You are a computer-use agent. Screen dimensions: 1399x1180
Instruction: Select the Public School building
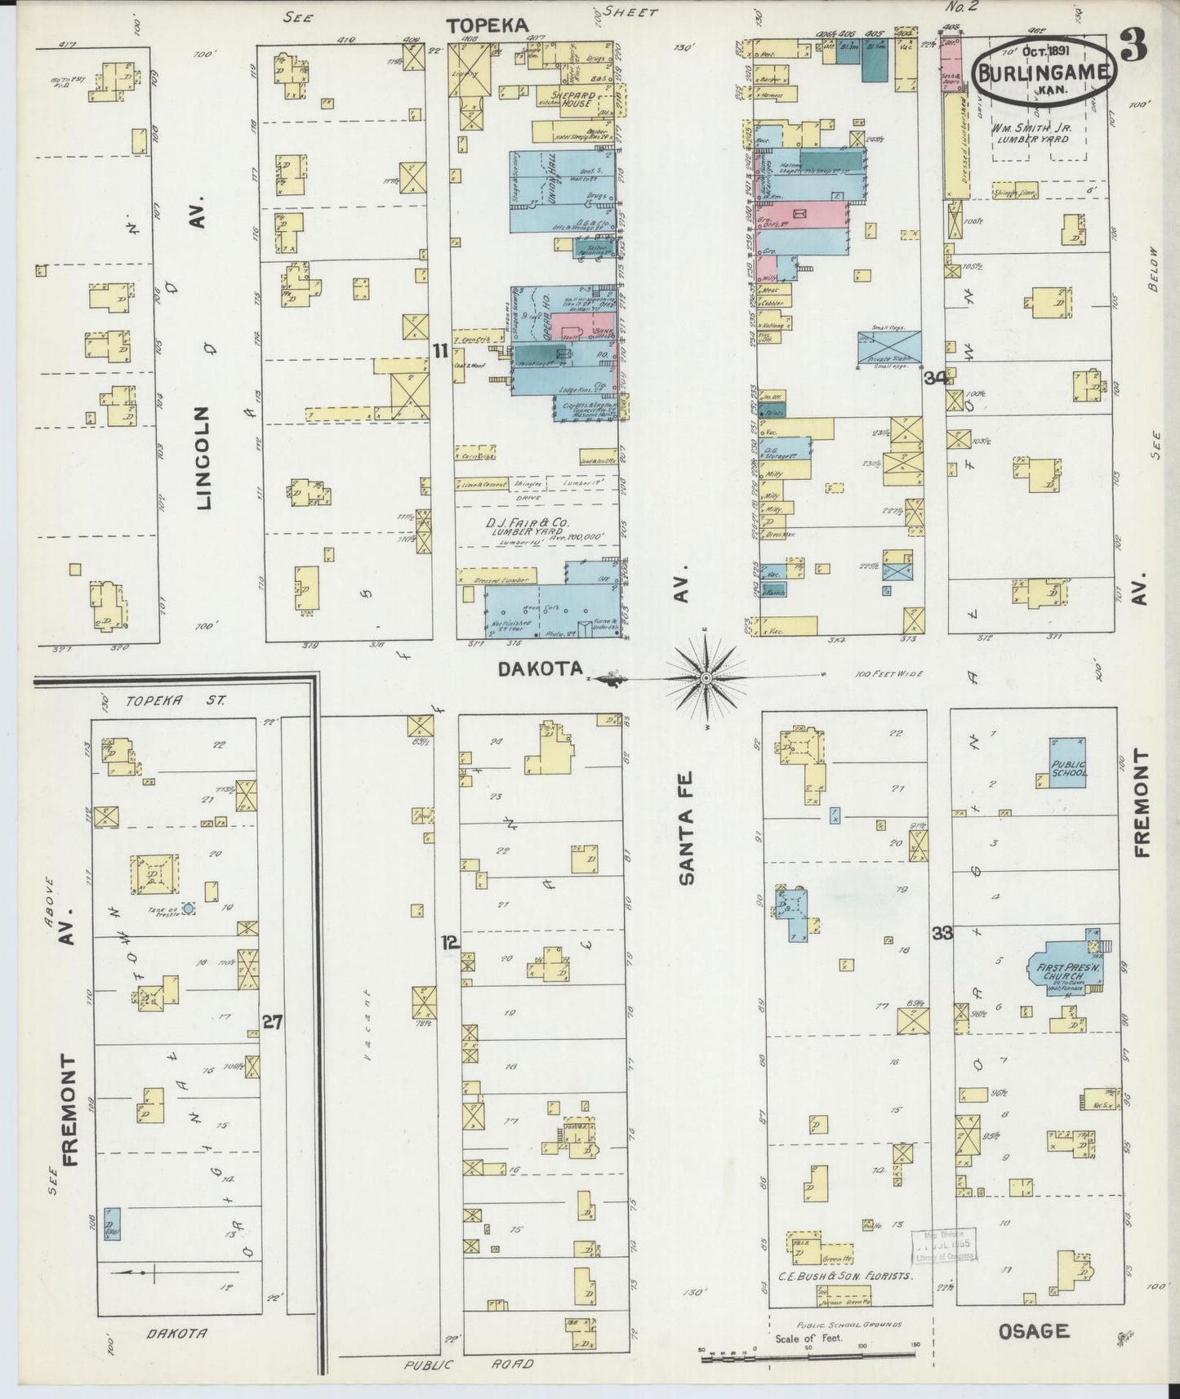(1068, 762)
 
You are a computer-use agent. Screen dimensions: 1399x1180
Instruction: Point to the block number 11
(441, 351)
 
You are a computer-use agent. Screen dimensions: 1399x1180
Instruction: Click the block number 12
(449, 943)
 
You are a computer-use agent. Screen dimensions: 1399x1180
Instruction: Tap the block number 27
(272, 1021)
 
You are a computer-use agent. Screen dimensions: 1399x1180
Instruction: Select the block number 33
(942, 933)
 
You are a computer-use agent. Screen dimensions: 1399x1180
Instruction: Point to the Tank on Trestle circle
(189, 908)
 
